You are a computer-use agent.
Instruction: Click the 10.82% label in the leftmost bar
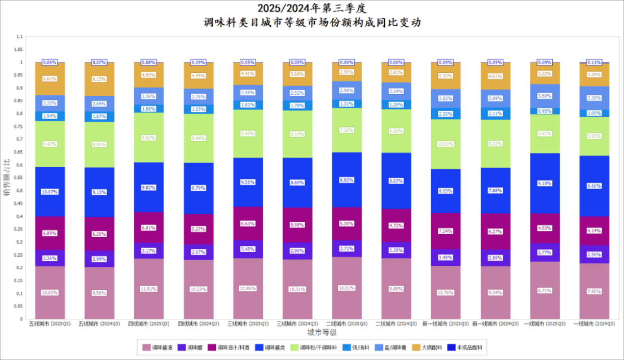point(50,293)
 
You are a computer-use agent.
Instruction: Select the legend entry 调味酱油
point(159,348)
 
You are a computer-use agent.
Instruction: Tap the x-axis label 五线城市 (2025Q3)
point(50,324)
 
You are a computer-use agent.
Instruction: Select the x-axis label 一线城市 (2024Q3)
point(595,324)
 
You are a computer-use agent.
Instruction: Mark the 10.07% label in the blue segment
point(50,192)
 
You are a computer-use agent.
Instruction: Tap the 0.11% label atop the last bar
point(595,63)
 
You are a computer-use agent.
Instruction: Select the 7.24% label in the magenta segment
point(446,231)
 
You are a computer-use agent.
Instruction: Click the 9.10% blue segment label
point(545,183)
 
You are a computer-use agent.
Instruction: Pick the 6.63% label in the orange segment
point(50,79)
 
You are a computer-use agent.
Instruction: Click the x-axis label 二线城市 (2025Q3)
point(346,324)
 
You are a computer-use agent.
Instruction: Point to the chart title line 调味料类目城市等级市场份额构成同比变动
point(312,23)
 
